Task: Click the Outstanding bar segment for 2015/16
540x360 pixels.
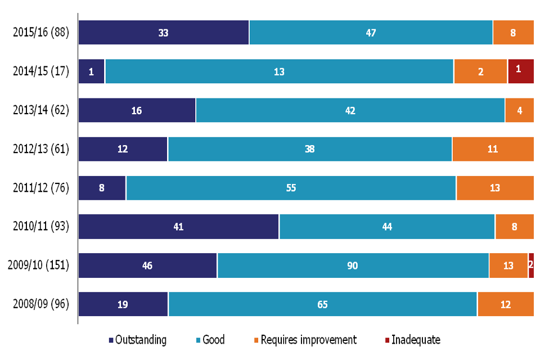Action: pyautogui.click(x=163, y=32)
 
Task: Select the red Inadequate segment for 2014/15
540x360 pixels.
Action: pyautogui.click(x=521, y=71)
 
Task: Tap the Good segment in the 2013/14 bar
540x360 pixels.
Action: pyautogui.click(x=350, y=110)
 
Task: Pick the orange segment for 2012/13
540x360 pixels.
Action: pyautogui.click(x=493, y=149)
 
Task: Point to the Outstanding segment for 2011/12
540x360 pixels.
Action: pyautogui.click(x=102, y=188)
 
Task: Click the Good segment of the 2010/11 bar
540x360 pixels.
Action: pyautogui.click(x=387, y=227)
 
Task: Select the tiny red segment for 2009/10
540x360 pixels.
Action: pyautogui.click(x=531, y=265)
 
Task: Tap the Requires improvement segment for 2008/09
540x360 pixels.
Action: pyautogui.click(x=505, y=304)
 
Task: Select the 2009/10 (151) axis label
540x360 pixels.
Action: pyautogui.click(x=38, y=265)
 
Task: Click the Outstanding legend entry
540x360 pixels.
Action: pyautogui.click(x=138, y=340)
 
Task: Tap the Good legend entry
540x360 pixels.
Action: pyautogui.click(x=209, y=340)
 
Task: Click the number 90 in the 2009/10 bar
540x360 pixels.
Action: pyautogui.click(x=353, y=265)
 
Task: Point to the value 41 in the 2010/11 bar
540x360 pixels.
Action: pyautogui.click(x=178, y=227)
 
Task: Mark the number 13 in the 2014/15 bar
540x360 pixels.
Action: pyautogui.click(x=279, y=71)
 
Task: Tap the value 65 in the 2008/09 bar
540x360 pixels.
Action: pyautogui.click(x=322, y=304)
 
